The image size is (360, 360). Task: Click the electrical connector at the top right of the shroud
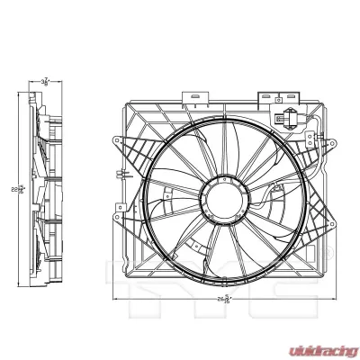tap(287, 117)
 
